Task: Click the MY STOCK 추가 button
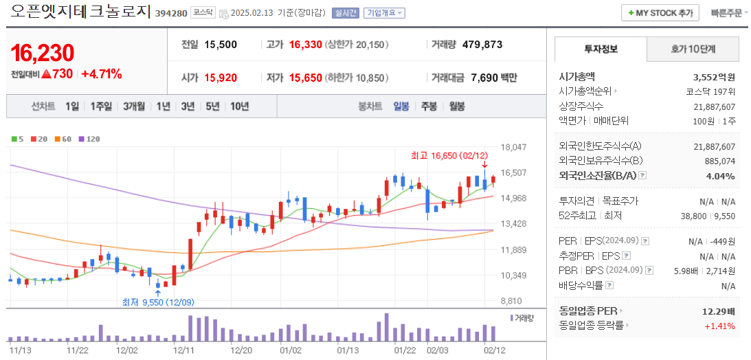point(660,13)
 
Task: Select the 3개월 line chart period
point(134,106)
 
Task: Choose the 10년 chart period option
point(240,106)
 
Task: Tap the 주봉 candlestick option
point(429,106)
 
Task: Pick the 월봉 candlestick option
point(457,106)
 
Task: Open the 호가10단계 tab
point(693,49)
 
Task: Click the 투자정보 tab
point(601,49)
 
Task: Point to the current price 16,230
point(43,53)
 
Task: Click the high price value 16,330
point(305,45)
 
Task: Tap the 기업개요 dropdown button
point(384,13)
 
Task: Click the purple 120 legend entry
point(89,139)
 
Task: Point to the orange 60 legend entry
point(63,139)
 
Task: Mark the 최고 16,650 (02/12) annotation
point(449,155)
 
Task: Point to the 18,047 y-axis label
point(513,147)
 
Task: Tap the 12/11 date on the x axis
point(183,350)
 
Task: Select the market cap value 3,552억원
point(714,77)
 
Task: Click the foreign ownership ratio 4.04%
point(721,176)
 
